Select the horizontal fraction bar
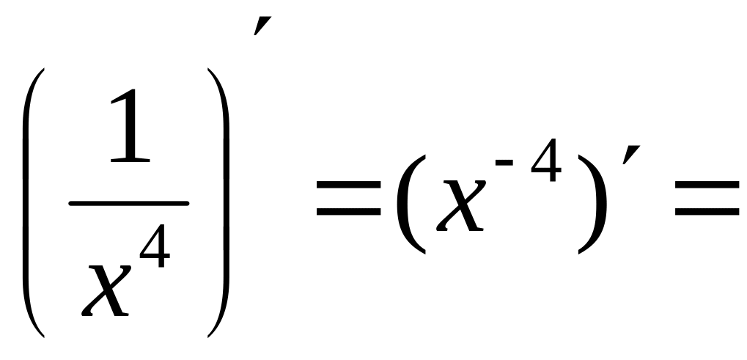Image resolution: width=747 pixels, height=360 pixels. click(129, 203)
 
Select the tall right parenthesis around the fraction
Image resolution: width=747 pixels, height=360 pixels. click(221, 202)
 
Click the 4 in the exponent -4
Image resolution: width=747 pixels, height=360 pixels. click(546, 165)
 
